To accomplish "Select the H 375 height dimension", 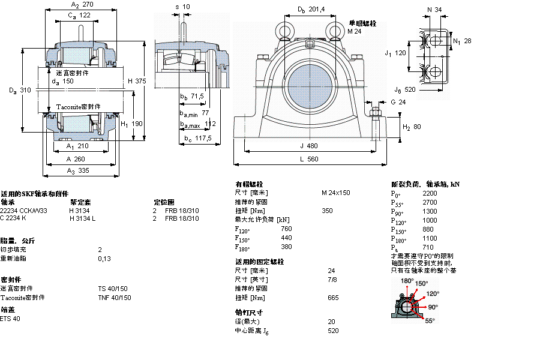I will [136, 81].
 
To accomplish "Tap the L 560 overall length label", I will [310, 159].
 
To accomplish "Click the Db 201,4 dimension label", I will [311, 9].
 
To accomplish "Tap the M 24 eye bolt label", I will [354, 31].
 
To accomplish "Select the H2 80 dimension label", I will [411, 127].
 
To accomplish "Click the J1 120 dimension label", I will [395, 53].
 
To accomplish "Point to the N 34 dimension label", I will [433, 9].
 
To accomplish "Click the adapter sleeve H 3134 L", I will [82, 218].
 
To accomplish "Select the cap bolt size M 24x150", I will [335, 193].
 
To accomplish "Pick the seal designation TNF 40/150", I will [113, 298].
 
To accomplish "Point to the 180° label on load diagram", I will [407, 281].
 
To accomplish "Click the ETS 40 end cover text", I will [10, 319].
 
